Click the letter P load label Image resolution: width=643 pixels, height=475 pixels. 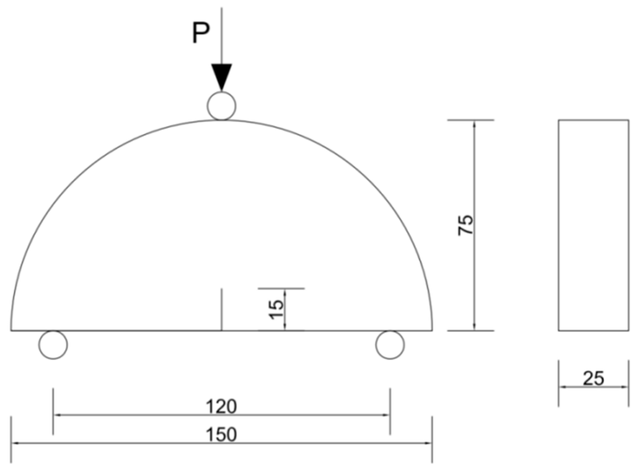pos(201,33)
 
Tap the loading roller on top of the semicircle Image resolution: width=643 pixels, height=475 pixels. pos(222,106)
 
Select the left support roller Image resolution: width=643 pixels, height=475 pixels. pos(53,345)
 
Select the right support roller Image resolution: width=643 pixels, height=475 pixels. pos(390,345)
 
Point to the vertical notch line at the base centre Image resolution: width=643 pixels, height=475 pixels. pos(222,309)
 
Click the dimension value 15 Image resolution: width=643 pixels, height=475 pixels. pos(276,309)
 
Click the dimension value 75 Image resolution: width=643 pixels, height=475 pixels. pos(465,225)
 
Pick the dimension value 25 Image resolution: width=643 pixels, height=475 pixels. pos(593,378)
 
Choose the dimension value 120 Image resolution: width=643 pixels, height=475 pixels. pos(221,407)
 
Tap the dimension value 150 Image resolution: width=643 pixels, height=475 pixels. pos(221,435)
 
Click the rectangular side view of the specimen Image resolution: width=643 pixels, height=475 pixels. pos(593,225)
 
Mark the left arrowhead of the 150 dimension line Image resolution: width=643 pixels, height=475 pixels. pos(14,443)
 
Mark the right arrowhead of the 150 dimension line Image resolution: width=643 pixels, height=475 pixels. pos(429,443)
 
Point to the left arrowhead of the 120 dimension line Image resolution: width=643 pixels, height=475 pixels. pos(57,415)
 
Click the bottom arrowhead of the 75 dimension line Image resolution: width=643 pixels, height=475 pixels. pos(475,327)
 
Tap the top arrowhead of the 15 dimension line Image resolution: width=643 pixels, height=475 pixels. pos(285,292)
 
